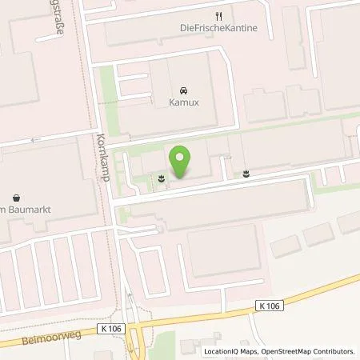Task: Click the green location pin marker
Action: click(182, 161)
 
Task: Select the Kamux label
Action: click(185, 102)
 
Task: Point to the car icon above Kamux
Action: click(184, 90)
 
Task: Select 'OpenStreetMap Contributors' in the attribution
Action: click(309, 351)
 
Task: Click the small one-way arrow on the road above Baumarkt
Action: click(34, 141)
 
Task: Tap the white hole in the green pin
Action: click(182, 155)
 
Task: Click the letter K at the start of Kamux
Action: click(172, 102)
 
